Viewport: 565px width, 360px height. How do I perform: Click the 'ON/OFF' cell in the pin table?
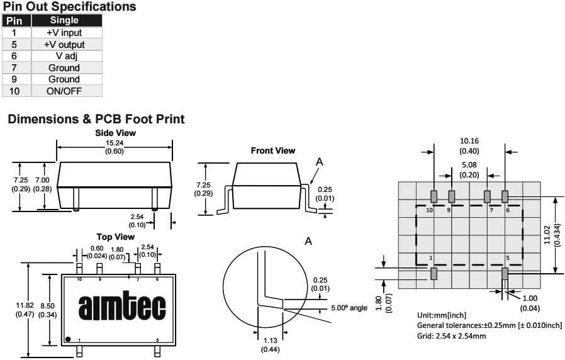point(64,91)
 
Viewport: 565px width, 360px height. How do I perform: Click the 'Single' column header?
point(64,21)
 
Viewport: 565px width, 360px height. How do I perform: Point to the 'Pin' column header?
point(13,21)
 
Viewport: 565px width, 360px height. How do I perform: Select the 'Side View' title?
point(115,133)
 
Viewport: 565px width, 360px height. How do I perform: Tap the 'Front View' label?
point(272,150)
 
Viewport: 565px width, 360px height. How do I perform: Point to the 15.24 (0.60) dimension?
point(115,147)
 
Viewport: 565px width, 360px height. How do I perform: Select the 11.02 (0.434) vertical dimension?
point(551,235)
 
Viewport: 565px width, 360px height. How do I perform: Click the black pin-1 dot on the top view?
point(68,340)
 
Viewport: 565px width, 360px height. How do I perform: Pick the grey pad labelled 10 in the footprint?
point(434,196)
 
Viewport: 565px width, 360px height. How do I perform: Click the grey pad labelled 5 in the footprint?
point(505,273)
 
